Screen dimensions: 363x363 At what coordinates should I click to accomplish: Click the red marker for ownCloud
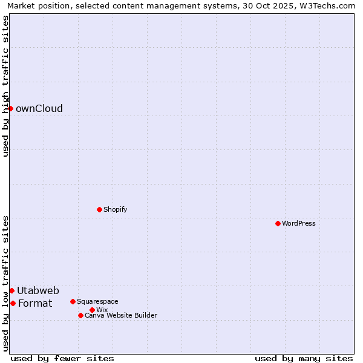(x=10, y=108)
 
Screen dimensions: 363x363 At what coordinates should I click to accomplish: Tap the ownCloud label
(x=39, y=109)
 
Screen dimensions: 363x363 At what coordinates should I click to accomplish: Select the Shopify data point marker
(x=99, y=209)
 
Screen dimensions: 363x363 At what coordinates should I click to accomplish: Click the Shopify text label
(x=115, y=210)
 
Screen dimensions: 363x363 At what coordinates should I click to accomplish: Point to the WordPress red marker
(x=278, y=223)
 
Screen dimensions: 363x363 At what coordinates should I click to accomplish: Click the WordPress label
(x=299, y=224)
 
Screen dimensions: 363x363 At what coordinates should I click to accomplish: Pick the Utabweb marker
(x=11, y=290)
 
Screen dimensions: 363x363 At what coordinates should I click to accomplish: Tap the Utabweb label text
(x=38, y=291)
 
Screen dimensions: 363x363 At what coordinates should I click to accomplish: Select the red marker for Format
(x=13, y=303)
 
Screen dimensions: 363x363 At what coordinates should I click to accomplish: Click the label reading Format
(x=35, y=304)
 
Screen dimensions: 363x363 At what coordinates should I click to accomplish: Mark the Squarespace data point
(x=73, y=301)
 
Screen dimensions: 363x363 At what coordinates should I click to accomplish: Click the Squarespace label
(x=97, y=302)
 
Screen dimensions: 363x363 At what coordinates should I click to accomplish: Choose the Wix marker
(x=92, y=310)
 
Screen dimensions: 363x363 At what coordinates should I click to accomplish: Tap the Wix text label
(x=102, y=310)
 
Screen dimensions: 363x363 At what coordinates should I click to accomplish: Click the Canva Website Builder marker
(x=80, y=315)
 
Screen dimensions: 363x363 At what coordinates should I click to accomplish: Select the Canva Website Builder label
(x=121, y=316)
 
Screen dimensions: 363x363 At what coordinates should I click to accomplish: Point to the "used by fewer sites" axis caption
(x=62, y=358)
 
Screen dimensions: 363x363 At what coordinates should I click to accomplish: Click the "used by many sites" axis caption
(x=304, y=358)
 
